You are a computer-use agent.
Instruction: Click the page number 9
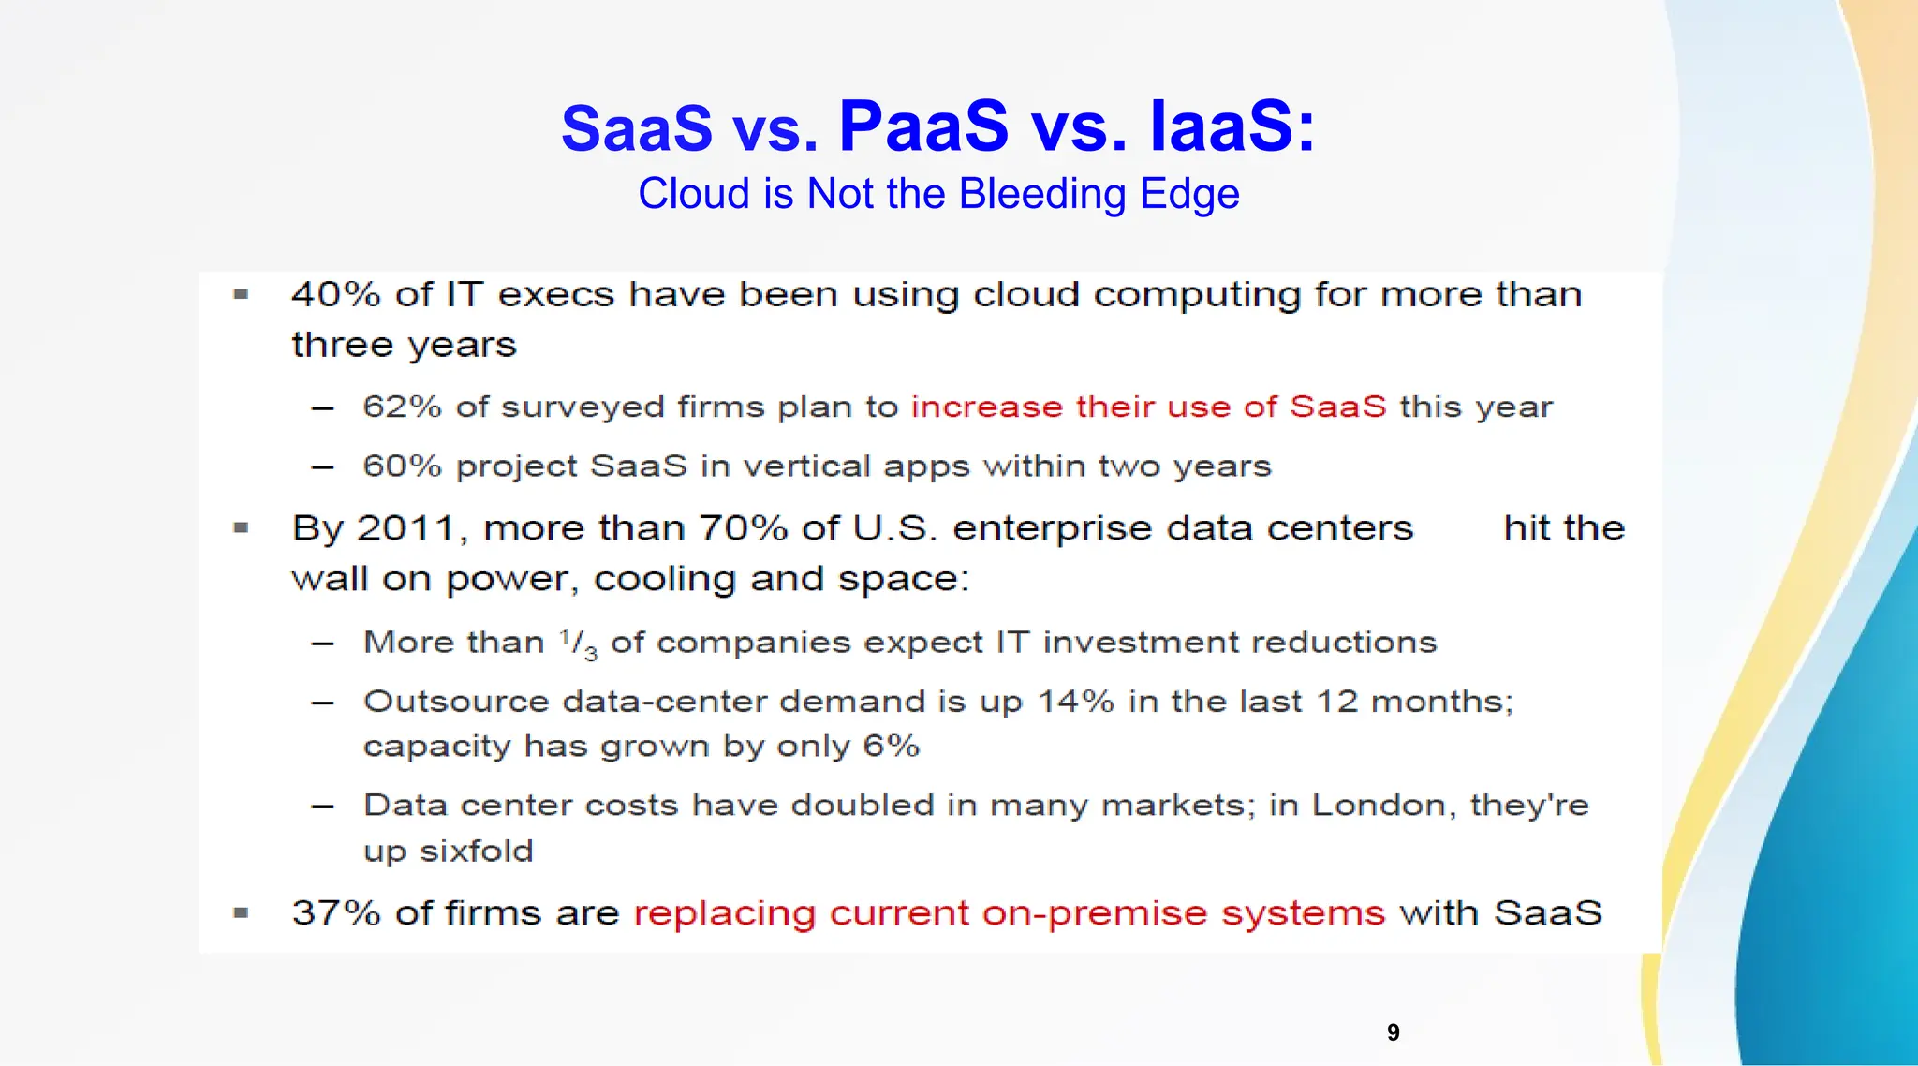coord(1393,1032)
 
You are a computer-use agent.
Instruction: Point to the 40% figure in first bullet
coord(335,295)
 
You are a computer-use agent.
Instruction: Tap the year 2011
coord(406,529)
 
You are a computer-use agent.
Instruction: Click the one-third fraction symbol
coord(578,644)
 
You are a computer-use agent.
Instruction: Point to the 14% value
coord(1075,702)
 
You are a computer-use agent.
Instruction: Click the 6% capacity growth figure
coord(891,747)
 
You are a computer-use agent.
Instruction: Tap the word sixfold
coord(476,851)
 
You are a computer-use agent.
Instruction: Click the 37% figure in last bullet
coord(335,913)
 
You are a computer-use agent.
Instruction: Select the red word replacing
coord(724,914)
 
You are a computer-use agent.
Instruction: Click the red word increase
coord(986,407)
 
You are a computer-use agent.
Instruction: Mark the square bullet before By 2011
coord(241,528)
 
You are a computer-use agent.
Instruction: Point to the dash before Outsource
coord(323,703)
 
